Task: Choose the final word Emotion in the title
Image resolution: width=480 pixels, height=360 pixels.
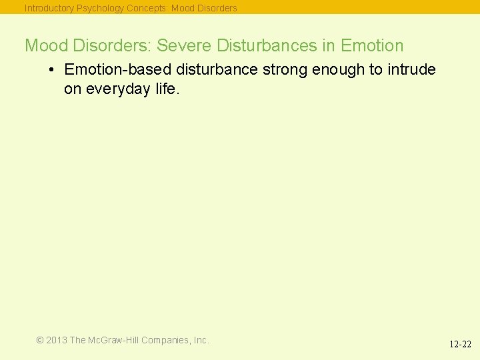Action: coord(372,46)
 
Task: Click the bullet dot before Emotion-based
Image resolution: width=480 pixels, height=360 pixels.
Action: coord(51,70)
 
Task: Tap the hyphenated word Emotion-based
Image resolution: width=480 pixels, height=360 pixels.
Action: coord(118,70)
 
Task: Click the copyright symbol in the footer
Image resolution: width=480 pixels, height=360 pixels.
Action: coord(40,340)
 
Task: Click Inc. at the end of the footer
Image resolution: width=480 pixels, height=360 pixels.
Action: coord(201,340)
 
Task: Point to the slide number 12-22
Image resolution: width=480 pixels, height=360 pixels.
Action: coord(460,345)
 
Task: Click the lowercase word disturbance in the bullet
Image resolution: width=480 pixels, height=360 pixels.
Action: coord(217,70)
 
